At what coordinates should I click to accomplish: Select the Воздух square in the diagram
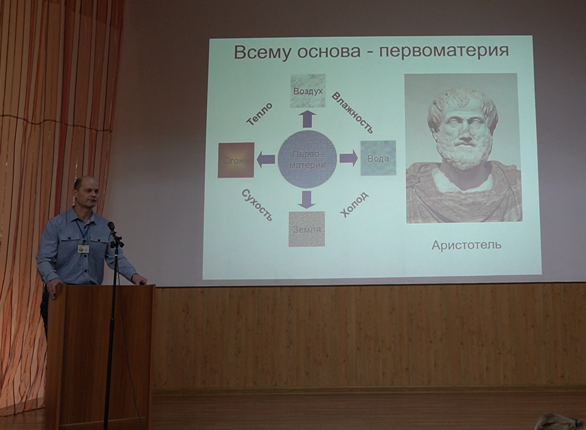(308, 90)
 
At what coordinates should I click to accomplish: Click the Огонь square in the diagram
(236, 160)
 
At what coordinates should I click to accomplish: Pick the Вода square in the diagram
(378, 158)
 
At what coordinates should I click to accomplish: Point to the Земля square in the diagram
(307, 229)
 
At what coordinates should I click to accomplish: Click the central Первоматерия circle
(307, 159)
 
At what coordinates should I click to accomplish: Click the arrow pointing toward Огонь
(266, 159)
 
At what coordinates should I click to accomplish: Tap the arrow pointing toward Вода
(348, 158)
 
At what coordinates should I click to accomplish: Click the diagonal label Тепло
(260, 114)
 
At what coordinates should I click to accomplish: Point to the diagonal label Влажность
(352, 113)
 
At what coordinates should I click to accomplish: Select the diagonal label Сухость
(257, 205)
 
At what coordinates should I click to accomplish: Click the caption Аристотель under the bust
(467, 245)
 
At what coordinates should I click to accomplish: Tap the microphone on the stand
(112, 226)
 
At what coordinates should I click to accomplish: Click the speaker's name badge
(83, 248)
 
